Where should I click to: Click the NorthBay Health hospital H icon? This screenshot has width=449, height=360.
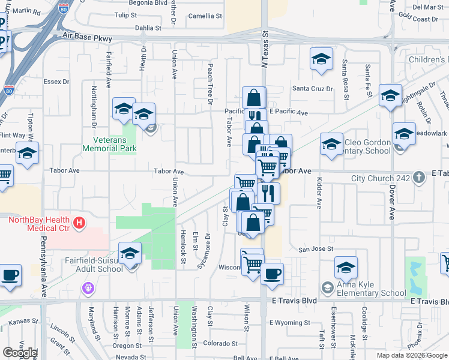(x=78, y=224)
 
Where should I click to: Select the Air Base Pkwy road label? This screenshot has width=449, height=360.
(x=87, y=38)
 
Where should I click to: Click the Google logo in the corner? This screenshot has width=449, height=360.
(x=20, y=353)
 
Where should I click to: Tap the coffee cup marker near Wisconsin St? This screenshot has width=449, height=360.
(x=271, y=274)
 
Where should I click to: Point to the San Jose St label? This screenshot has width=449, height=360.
(x=316, y=249)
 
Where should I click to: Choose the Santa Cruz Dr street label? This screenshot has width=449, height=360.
(x=312, y=89)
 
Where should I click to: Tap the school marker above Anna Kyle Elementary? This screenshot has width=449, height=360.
(x=346, y=267)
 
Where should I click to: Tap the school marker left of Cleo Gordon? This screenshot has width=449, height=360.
(x=331, y=144)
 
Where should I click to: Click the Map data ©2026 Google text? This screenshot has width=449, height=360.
(x=411, y=355)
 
